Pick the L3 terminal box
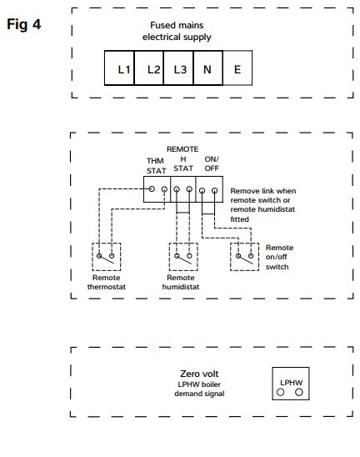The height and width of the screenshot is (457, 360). (179, 69)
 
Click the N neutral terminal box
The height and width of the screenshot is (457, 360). (207, 69)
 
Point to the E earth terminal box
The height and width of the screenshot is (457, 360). (237, 69)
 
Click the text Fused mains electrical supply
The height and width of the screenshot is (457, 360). (177, 32)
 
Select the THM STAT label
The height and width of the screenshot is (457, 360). (156, 165)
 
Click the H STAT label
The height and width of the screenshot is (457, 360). (182, 163)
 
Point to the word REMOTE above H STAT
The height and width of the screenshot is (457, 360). (182, 148)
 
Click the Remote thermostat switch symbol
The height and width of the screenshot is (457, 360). (105, 256)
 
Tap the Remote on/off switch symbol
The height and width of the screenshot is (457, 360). (245, 256)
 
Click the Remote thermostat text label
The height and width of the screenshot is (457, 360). (105, 282)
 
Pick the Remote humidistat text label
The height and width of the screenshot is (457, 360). (181, 282)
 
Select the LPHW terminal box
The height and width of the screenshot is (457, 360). (289, 384)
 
